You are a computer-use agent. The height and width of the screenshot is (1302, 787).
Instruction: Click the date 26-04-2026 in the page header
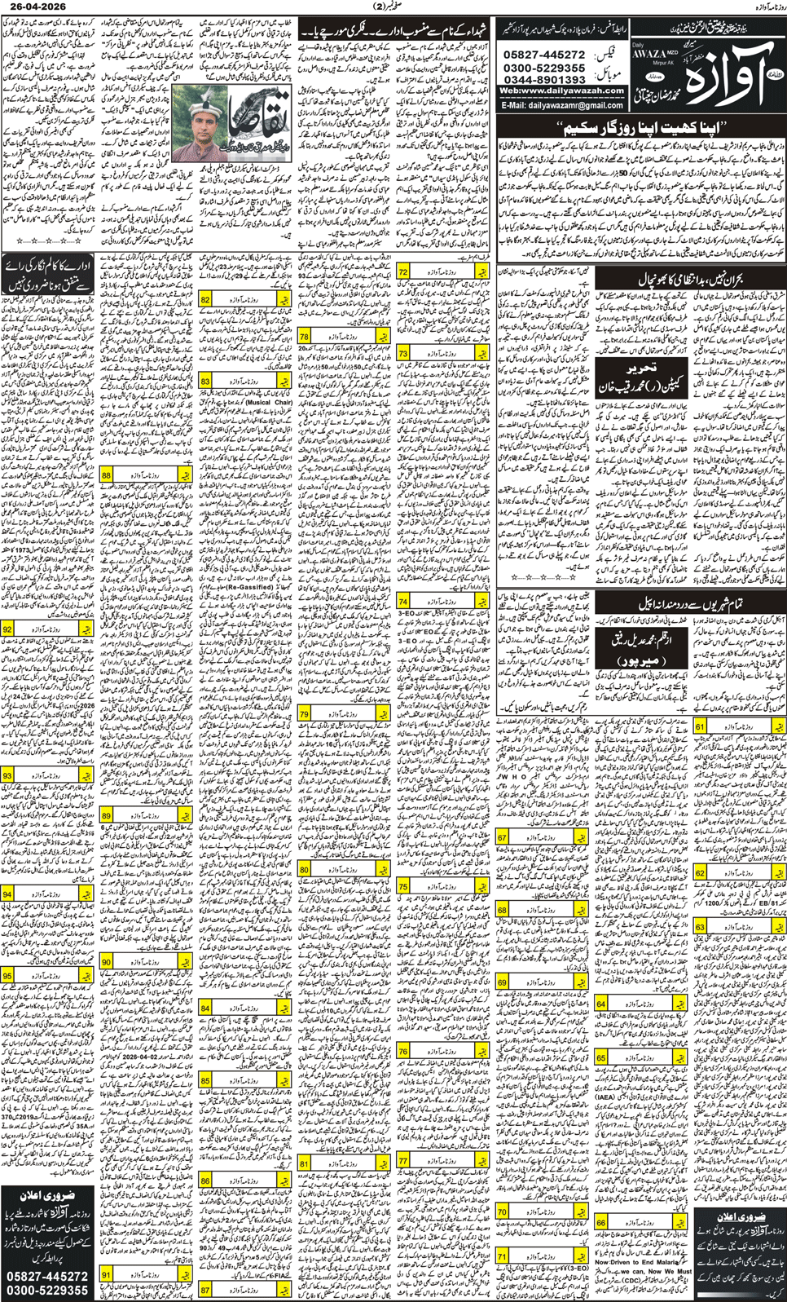coord(33,7)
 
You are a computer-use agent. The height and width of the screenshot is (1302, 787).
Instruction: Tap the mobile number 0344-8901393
coord(545,79)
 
